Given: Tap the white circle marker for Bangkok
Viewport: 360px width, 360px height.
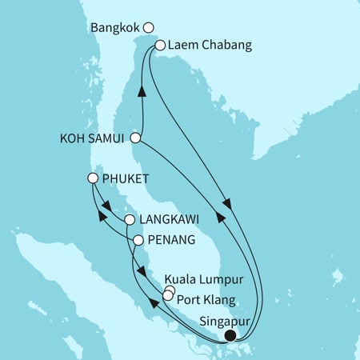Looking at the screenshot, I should point(148,28).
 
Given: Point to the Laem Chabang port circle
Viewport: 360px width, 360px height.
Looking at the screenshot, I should point(160,46).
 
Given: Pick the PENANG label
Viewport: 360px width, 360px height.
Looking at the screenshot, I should point(169,239).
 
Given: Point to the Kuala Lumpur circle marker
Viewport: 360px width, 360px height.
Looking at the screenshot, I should point(170,290).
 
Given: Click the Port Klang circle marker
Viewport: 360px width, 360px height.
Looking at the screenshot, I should point(166,296).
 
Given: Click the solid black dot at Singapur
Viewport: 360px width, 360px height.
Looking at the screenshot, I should point(230,335).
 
